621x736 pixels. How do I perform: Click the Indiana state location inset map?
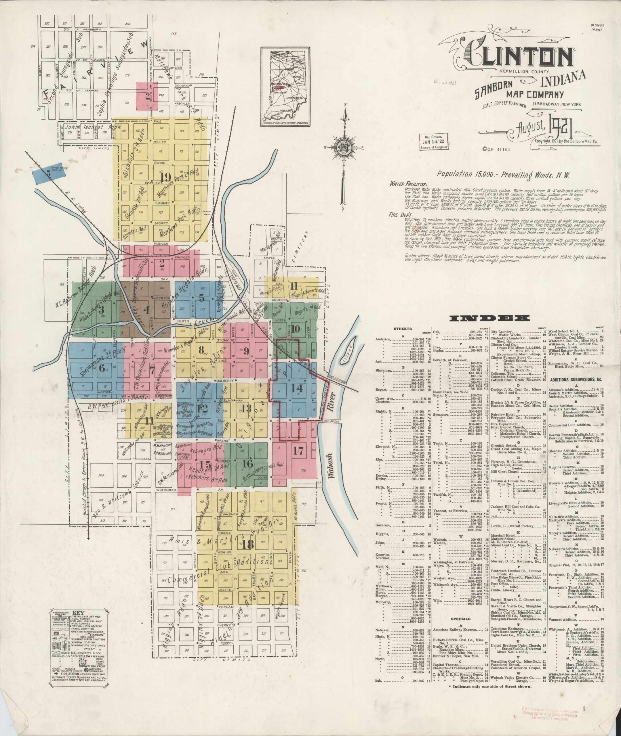286,87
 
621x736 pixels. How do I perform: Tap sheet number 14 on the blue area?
297,388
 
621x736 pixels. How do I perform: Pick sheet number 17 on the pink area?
298,451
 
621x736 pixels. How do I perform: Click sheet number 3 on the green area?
101,309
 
